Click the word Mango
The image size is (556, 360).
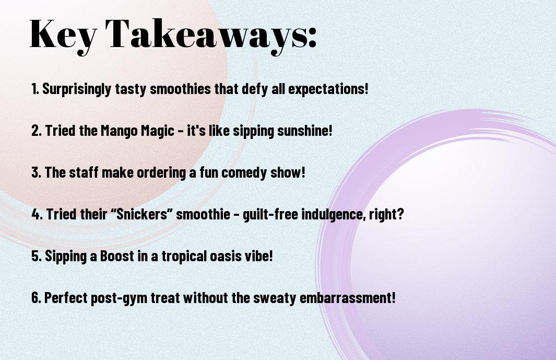tap(119, 131)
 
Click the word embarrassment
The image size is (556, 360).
tap(348, 298)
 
